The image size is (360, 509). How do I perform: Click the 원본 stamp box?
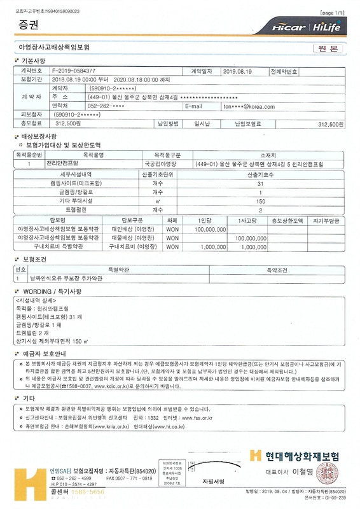pos(328,48)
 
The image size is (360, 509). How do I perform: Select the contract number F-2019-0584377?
pos(74,71)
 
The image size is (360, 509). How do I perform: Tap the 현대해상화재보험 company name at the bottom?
pos(301,456)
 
